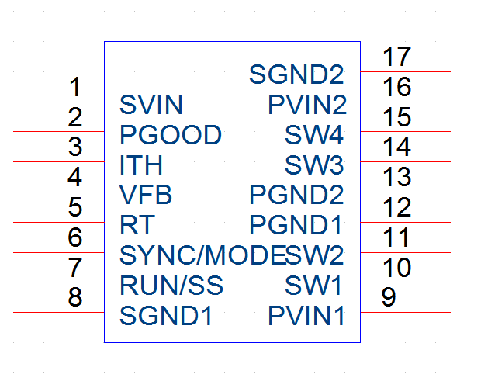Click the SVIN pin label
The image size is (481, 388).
(x=151, y=105)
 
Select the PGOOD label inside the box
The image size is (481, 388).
(x=171, y=135)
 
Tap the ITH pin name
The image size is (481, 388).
(x=140, y=165)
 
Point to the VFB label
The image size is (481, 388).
(x=146, y=195)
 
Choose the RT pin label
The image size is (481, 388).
(x=137, y=225)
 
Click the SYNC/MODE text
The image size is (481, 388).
(x=202, y=255)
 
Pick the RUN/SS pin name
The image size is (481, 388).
(x=171, y=286)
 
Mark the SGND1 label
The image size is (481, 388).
(x=166, y=316)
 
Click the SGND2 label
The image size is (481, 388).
(x=296, y=74)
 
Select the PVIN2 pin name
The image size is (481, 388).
(x=307, y=105)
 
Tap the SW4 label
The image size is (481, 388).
(x=314, y=135)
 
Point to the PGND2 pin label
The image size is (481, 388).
(x=296, y=195)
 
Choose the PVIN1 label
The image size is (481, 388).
(x=306, y=316)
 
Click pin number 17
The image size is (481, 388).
(x=396, y=57)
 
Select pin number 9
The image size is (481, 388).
(x=389, y=297)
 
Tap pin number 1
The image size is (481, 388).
(x=75, y=87)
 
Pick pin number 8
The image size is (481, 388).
(x=75, y=297)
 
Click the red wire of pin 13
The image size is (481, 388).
(x=406, y=192)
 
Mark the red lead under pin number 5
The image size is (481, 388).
(x=59, y=222)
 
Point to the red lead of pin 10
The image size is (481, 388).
(x=406, y=282)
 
